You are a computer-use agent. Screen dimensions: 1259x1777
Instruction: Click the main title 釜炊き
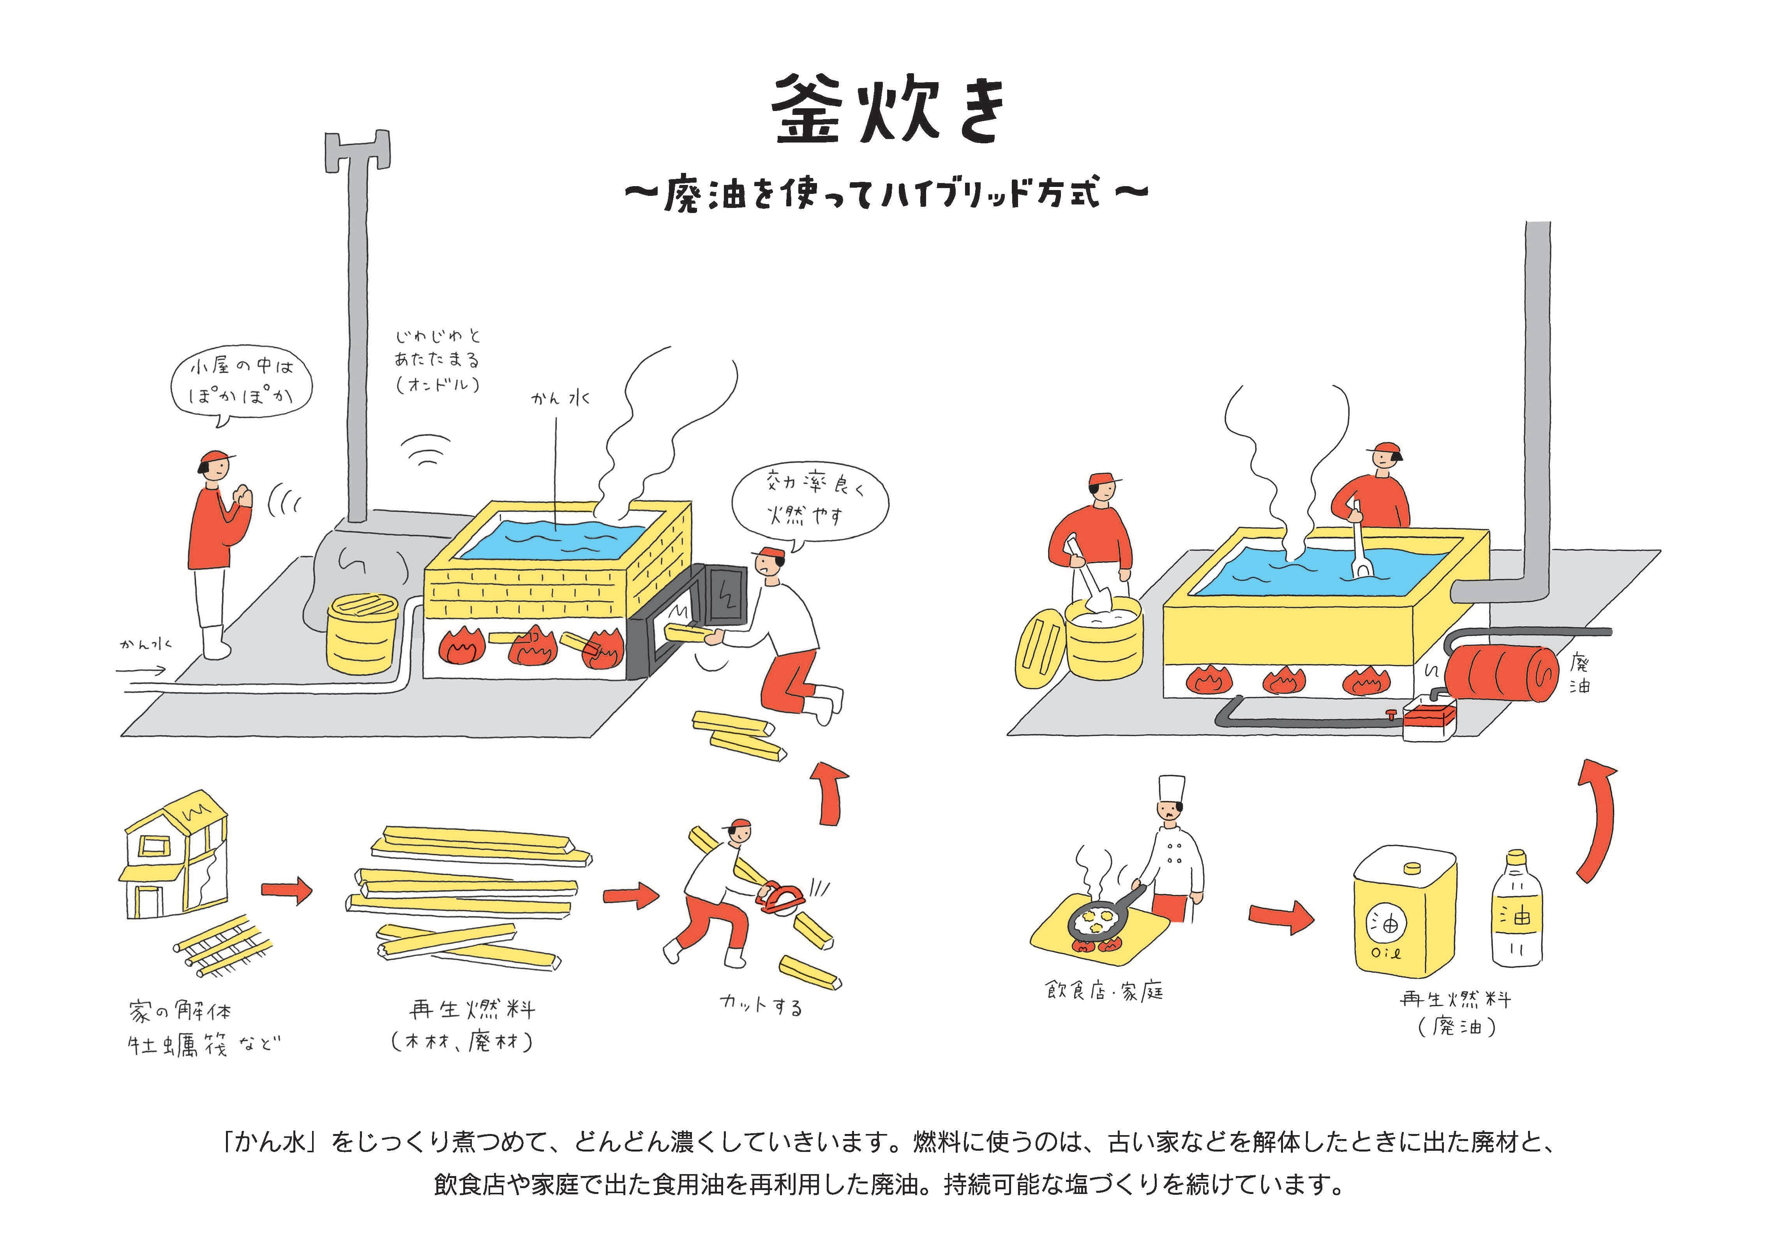(x=889, y=111)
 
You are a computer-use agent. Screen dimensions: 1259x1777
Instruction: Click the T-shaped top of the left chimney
(x=357, y=151)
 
